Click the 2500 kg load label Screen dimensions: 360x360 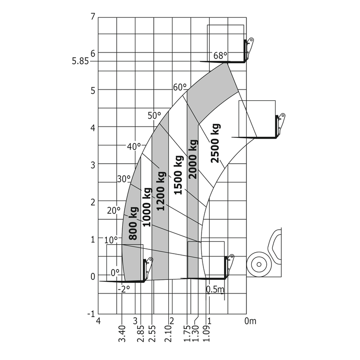point(216,143)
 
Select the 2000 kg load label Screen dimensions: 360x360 point(193,159)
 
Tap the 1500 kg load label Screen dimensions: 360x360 point(179,175)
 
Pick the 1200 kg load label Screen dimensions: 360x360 point(161,191)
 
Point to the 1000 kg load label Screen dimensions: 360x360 point(147,207)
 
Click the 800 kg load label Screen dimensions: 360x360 point(134,224)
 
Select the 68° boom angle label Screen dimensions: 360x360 point(220,56)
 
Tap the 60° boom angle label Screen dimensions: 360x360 point(180,88)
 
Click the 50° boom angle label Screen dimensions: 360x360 point(154,116)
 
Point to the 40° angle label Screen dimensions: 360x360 point(134,146)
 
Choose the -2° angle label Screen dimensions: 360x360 point(124,289)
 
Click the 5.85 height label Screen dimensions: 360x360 point(80,61)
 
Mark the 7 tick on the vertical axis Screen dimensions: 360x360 point(93,17)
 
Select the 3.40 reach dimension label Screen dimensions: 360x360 point(122,334)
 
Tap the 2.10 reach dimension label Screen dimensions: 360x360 point(168,334)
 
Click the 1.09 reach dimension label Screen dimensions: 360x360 point(206,334)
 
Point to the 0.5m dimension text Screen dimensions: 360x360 point(215,290)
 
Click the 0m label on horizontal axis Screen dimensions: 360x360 point(250,321)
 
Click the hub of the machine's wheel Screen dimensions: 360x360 point(259,264)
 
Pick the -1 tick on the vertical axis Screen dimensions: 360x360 point(91,314)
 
